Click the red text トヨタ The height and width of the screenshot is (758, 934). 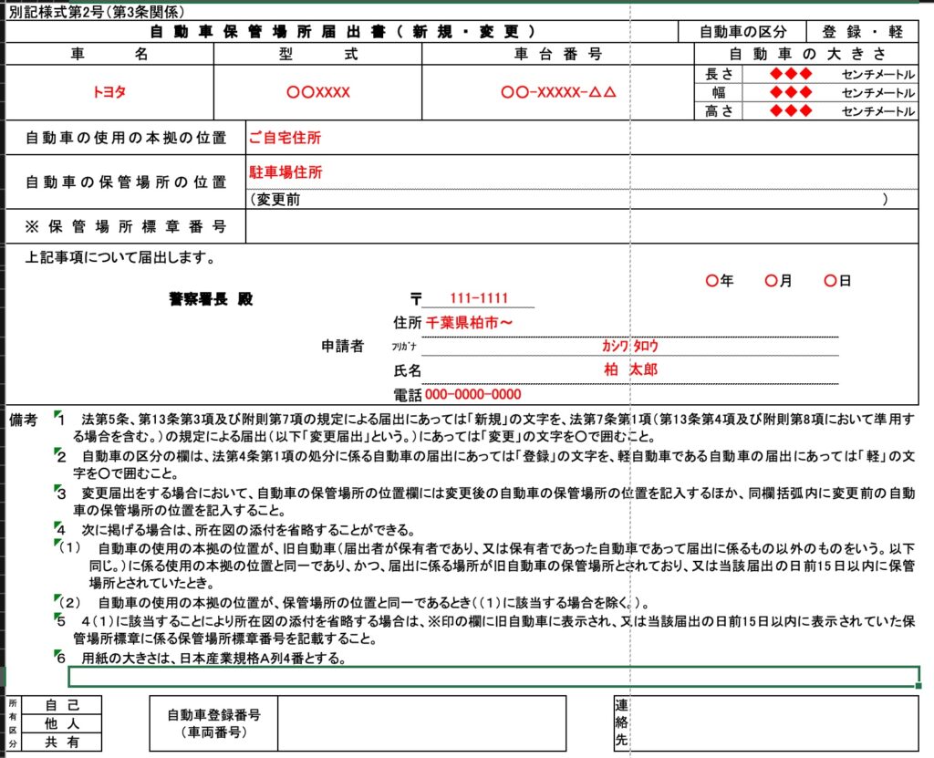pyautogui.click(x=109, y=92)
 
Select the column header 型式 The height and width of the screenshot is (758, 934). pyautogui.click(x=317, y=54)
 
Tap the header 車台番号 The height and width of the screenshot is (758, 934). pyautogui.click(x=558, y=54)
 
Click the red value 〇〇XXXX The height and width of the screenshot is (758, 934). pyautogui.click(x=317, y=92)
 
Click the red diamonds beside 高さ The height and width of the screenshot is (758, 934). pyautogui.click(x=791, y=111)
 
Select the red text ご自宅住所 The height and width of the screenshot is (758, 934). pyautogui.click(x=285, y=139)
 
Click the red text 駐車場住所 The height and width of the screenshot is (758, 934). pyautogui.click(x=285, y=171)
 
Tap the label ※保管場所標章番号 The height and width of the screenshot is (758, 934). pyautogui.click(x=126, y=226)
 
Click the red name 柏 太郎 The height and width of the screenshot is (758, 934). pyautogui.click(x=630, y=369)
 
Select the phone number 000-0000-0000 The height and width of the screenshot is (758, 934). pyautogui.click(x=473, y=395)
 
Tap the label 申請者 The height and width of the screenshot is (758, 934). pyautogui.click(x=342, y=347)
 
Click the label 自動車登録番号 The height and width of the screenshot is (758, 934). pyautogui.click(x=213, y=715)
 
